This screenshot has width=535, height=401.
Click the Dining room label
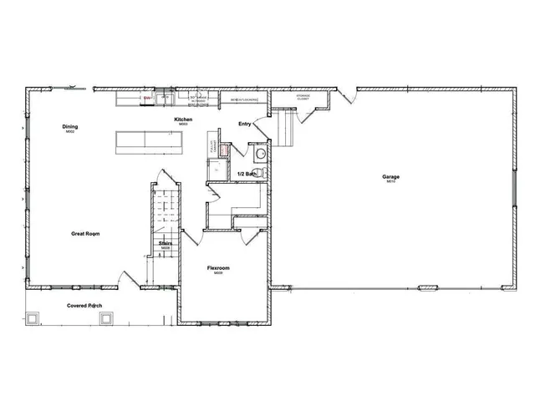pos(70,127)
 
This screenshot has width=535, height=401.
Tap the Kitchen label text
pos(183,120)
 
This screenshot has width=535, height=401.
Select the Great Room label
pos(86,234)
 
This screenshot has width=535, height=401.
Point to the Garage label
pos(390,178)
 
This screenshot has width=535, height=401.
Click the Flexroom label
pos(218,268)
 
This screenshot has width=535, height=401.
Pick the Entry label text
pos(245,124)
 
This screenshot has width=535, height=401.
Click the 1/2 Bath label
pos(247,174)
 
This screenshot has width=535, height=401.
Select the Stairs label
pos(166,244)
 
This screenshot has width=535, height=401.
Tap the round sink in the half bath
pos(261,154)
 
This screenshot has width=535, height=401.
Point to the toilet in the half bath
pos(260,173)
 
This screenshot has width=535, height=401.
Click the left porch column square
pos(34,318)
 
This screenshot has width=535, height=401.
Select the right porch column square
pos(106,318)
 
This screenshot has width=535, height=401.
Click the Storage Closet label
pos(303,97)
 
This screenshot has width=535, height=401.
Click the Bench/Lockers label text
pos(244,100)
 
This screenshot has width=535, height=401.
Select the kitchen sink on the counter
pos(165,99)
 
